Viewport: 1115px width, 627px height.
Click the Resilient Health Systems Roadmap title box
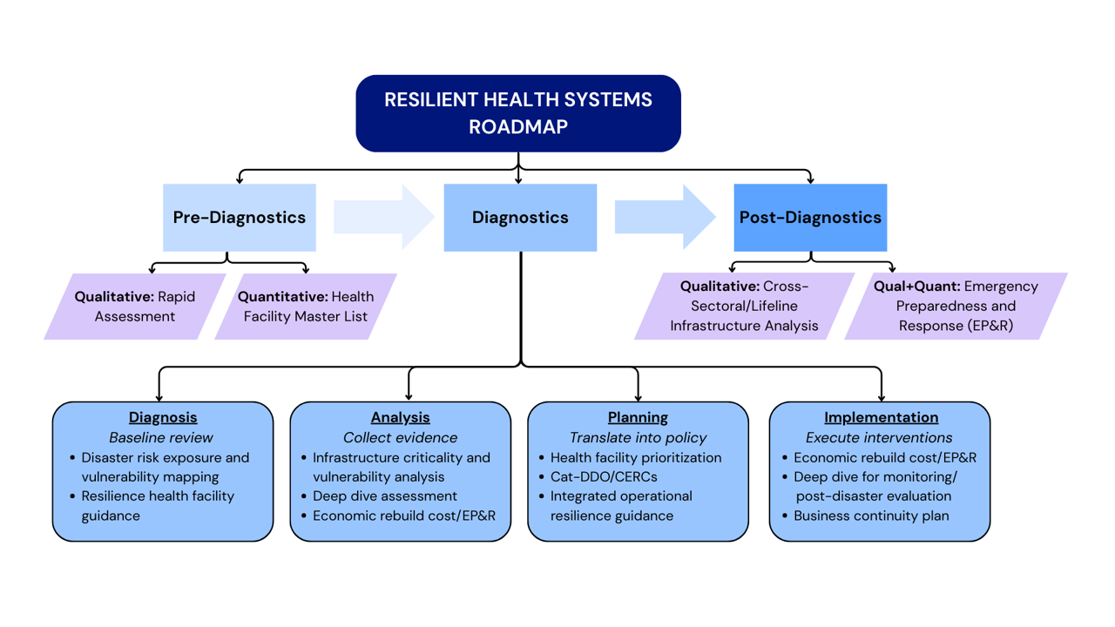[x=518, y=113]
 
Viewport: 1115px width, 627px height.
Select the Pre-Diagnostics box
[x=240, y=218]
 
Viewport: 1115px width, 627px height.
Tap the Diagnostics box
[x=520, y=218]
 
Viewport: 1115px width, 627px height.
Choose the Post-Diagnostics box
[x=810, y=218]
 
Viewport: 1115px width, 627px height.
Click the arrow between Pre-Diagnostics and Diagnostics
[x=384, y=218]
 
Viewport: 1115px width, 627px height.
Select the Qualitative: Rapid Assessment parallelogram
[x=135, y=307]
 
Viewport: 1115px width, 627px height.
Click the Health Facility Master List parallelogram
[x=306, y=307]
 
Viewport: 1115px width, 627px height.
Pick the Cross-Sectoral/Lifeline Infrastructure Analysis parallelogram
[x=744, y=306]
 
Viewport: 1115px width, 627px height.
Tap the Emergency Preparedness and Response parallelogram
[x=956, y=306]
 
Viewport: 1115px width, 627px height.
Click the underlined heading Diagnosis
[x=163, y=418]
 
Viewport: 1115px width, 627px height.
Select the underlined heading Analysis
[x=401, y=418]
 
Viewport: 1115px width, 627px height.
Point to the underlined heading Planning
[x=638, y=418]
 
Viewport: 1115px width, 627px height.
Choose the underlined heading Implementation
[x=881, y=418]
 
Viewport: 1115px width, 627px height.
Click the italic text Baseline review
[x=161, y=437]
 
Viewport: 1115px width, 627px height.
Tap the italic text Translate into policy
[x=638, y=437]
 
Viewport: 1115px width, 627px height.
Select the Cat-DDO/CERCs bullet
[x=604, y=476]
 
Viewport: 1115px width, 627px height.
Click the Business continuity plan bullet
[x=871, y=516]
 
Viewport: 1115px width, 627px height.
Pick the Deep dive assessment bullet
[x=385, y=496]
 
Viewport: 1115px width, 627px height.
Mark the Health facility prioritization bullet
[x=636, y=457]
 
